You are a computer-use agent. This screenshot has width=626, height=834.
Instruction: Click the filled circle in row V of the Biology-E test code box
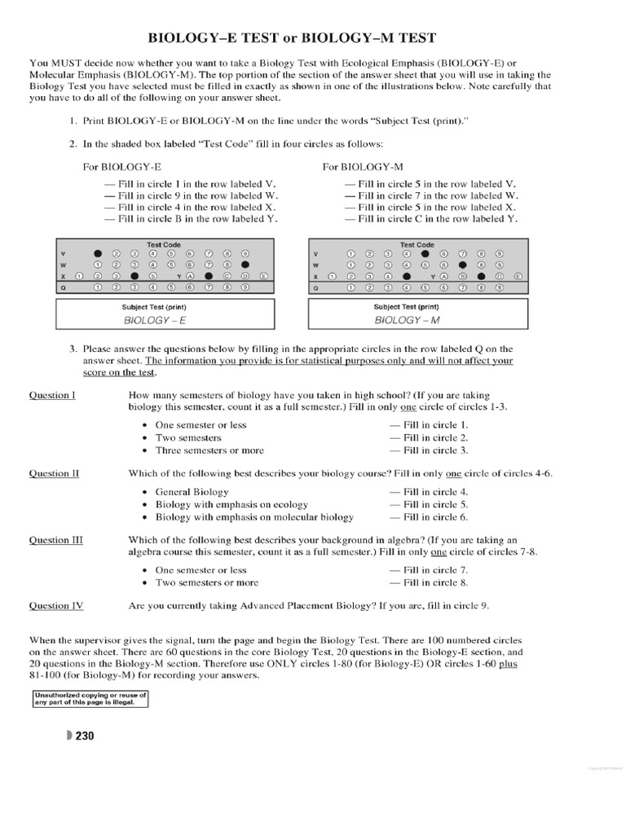(x=98, y=252)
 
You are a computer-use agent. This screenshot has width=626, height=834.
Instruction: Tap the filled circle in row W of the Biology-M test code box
(x=462, y=265)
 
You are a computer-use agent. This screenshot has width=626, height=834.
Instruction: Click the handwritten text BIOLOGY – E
(x=155, y=321)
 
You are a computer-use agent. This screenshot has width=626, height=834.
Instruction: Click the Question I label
(x=53, y=395)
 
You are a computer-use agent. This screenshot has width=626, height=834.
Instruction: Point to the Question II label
(x=54, y=473)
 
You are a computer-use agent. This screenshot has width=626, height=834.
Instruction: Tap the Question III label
(x=55, y=540)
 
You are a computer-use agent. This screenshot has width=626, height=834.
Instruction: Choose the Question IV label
(x=55, y=606)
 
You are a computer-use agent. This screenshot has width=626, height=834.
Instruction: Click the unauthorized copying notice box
(x=90, y=699)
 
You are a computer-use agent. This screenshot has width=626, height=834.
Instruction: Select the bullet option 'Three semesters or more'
(x=209, y=450)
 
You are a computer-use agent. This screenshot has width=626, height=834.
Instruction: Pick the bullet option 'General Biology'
(x=192, y=492)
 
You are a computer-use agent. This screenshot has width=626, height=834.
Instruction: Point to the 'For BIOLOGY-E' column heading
(x=119, y=166)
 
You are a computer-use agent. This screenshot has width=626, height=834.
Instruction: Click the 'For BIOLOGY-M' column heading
(x=359, y=166)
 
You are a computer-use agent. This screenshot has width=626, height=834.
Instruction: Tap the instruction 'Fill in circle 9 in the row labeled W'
(x=192, y=195)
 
